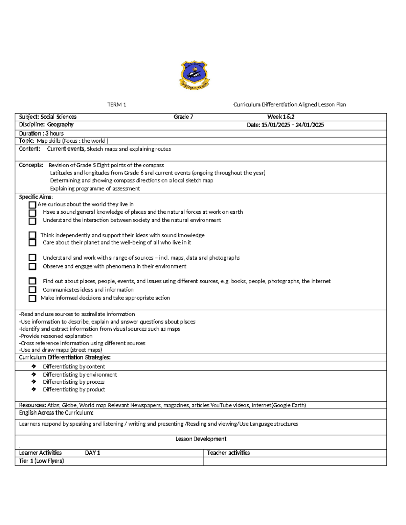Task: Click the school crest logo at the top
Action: (x=194, y=75)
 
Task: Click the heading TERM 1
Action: (x=117, y=105)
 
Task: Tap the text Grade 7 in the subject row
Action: (x=183, y=117)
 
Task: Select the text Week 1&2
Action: (x=281, y=117)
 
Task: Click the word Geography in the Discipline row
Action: (x=60, y=125)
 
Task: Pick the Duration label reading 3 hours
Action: (x=41, y=134)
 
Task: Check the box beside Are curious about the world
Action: (x=32, y=205)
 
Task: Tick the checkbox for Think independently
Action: (x=32, y=235)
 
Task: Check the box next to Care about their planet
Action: (x=32, y=243)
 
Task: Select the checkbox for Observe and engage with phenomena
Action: (x=32, y=266)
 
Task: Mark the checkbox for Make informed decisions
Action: (x=32, y=298)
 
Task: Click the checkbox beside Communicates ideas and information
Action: (x=32, y=290)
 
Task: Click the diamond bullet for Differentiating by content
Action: (x=33, y=366)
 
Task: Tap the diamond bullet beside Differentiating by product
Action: (x=33, y=389)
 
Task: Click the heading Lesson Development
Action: (x=201, y=439)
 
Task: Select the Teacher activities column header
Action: (x=228, y=453)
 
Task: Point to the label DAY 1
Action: (x=92, y=453)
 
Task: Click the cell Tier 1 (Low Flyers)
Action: (x=42, y=461)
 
